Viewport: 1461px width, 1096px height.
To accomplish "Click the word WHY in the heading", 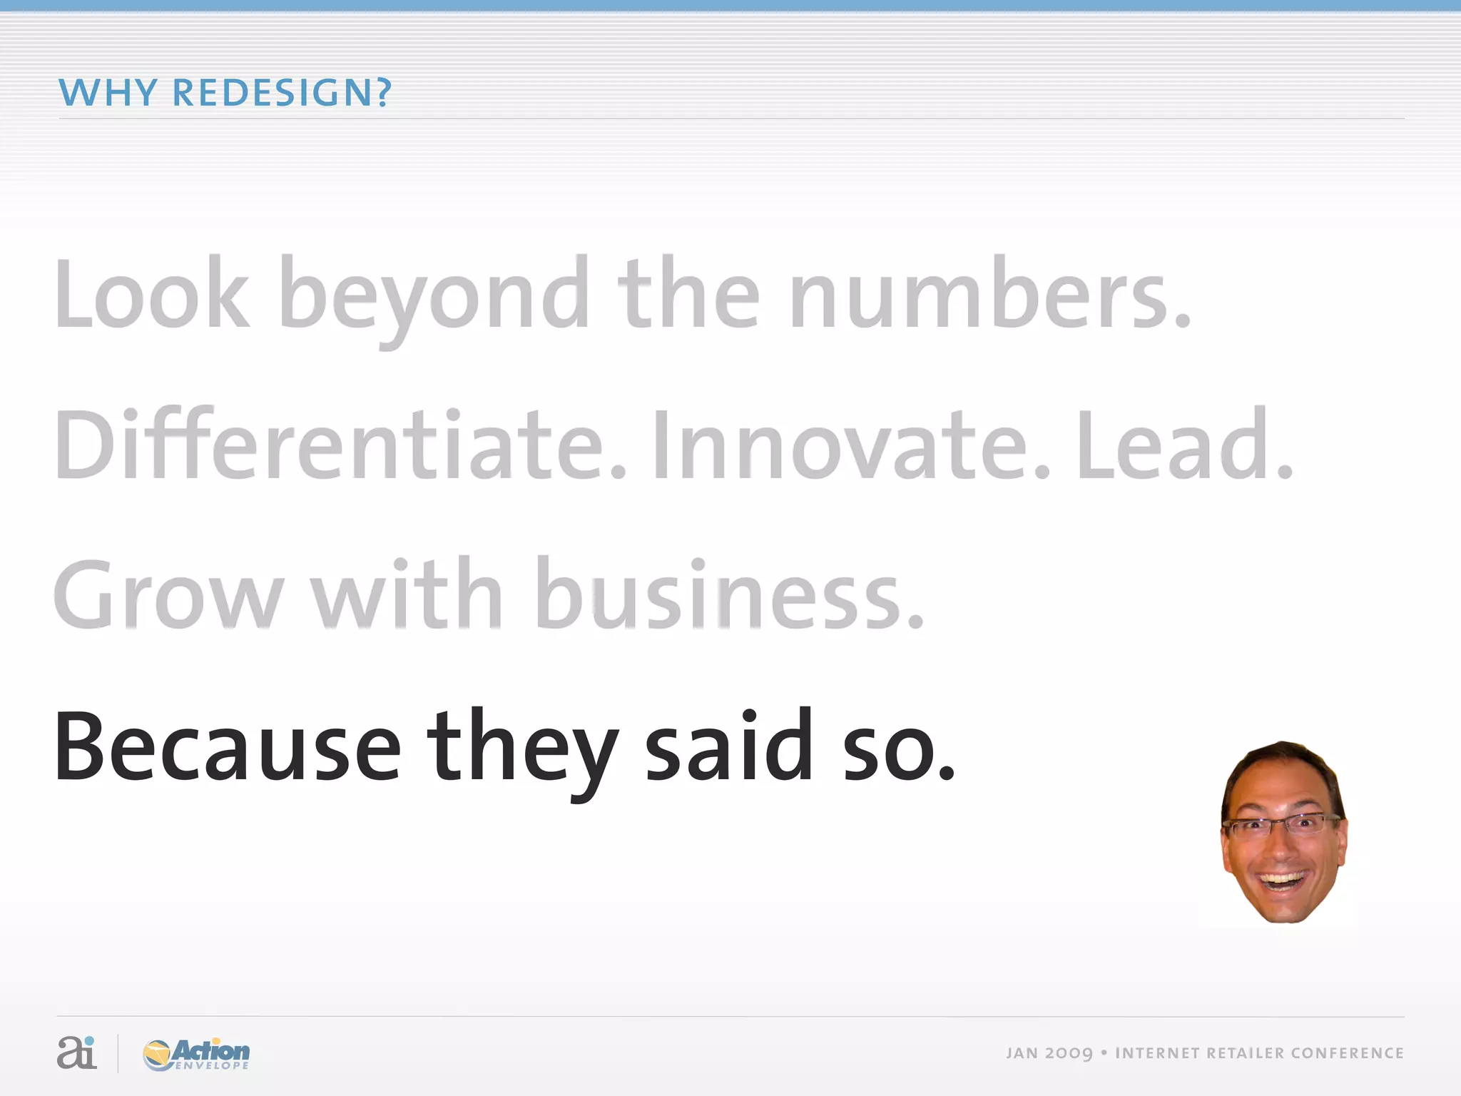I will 107,93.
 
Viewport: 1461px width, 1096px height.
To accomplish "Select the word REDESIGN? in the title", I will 282,93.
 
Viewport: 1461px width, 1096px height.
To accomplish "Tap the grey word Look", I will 152,295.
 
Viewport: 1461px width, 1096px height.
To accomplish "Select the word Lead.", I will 1184,446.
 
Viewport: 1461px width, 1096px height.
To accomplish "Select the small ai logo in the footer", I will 76,1052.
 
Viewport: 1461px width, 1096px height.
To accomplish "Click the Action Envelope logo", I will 196,1054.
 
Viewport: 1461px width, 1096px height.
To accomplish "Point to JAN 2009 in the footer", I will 1049,1053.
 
